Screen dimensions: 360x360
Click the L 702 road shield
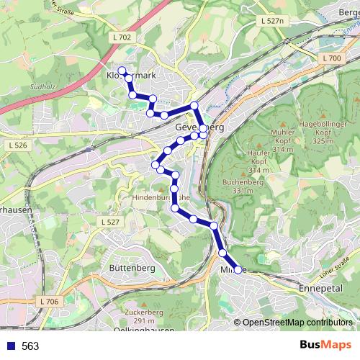coord(122,37)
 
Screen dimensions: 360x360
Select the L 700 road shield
coord(332,58)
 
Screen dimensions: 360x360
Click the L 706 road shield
coord(49,301)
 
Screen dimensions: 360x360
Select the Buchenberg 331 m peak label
coord(238,186)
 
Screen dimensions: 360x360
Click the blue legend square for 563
coord(10,346)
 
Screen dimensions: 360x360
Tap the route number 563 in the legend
coord(30,346)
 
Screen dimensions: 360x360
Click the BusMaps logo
coord(325,346)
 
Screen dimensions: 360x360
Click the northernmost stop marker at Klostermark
coord(122,71)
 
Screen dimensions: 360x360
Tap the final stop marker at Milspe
coord(238,270)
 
